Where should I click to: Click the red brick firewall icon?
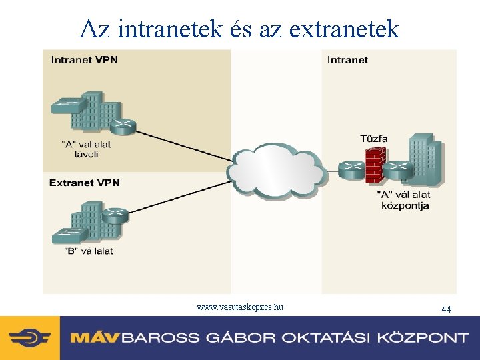[x=375, y=165]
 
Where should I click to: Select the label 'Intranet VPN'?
[x=84, y=60]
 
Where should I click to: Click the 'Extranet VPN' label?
[x=84, y=183]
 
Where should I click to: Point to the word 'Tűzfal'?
[x=375, y=139]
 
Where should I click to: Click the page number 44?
[x=446, y=309]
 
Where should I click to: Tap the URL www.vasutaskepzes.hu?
[x=240, y=307]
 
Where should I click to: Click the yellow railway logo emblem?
[x=29, y=337]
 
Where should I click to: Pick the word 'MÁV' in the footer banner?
[x=95, y=337]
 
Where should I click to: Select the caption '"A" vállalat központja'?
[x=404, y=200]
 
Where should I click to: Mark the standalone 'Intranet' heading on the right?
[x=347, y=60]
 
